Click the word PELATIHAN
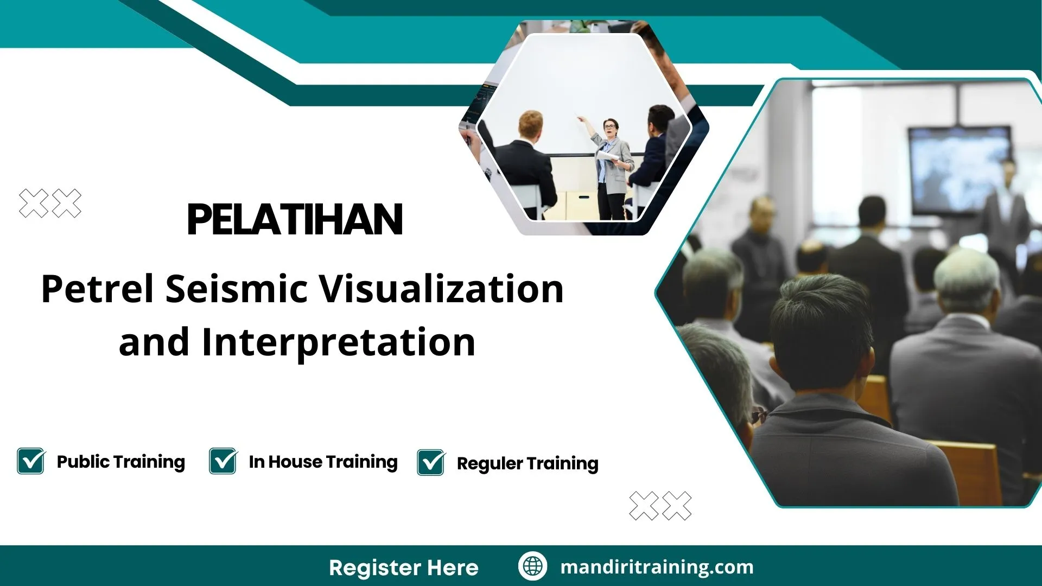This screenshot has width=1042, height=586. coord(295,220)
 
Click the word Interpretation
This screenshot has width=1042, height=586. coord(338,343)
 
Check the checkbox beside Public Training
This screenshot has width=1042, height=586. coord(31,461)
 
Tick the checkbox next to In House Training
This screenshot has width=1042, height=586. coord(223,461)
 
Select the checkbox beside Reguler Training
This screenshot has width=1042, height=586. coord(431,463)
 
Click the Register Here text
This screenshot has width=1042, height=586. coord(403,568)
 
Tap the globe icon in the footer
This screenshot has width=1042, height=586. coord(532,566)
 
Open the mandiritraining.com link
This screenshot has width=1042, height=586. coord(657,567)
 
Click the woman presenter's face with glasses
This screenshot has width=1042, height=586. coord(610,129)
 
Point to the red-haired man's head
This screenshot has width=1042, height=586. coord(530,125)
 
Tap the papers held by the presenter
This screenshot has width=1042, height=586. coord(608,156)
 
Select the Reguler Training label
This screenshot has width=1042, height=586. coord(527,463)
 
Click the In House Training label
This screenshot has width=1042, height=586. coord(323,462)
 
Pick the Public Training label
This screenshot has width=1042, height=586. coord(120,462)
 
